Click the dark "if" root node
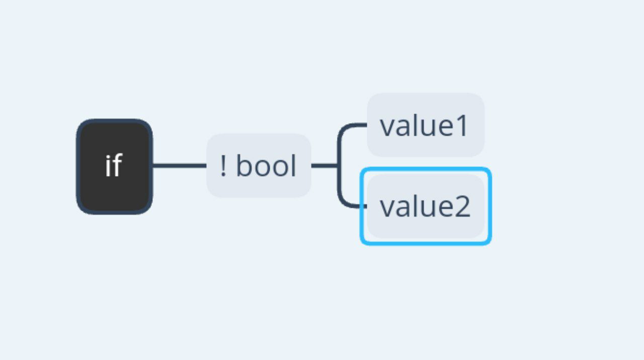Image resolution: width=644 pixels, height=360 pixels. (x=114, y=166)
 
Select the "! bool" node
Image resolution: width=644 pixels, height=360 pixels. (x=259, y=165)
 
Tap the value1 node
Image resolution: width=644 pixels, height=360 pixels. (x=426, y=125)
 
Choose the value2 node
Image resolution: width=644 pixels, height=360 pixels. (x=426, y=206)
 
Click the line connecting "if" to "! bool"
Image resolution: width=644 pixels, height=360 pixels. (x=180, y=165)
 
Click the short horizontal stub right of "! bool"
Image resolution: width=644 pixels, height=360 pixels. (x=325, y=165)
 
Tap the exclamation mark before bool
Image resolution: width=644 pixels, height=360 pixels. (x=223, y=165)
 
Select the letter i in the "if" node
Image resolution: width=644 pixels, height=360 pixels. (x=108, y=166)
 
